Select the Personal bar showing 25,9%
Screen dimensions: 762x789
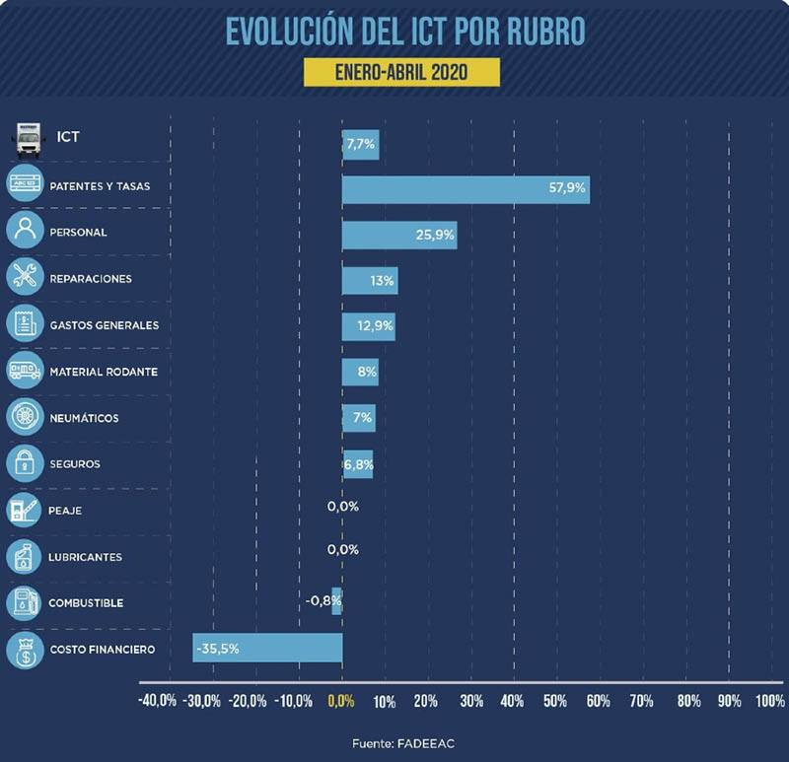[x=399, y=236]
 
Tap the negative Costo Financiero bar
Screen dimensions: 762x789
[x=267, y=648]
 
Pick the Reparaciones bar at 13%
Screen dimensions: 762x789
[x=370, y=280]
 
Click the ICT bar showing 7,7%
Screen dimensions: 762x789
[x=360, y=145]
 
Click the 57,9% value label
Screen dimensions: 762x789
[x=568, y=185]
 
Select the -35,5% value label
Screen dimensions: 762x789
[x=218, y=649]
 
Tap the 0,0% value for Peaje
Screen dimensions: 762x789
[x=342, y=506]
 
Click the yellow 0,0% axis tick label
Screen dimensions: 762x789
[x=340, y=702]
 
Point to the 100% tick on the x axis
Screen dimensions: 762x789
[x=769, y=702]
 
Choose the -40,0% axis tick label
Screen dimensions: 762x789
[x=158, y=702]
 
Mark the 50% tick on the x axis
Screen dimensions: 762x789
[x=555, y=702]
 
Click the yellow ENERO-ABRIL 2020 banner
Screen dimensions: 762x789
[x=401, y=73]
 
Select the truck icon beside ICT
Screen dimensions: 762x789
[x=27, y=140]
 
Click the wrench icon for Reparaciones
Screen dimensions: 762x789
[x=25, y=277]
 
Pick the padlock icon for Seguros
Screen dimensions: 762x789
[x=25, y=462]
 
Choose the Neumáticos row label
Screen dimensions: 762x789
[x=83, y=418]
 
